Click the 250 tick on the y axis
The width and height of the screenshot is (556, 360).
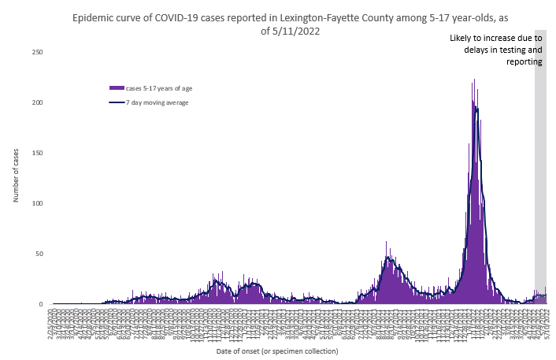pyautogui.click(x=37, y=52)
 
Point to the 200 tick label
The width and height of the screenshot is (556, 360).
pyautogui.click(x=37, y=102)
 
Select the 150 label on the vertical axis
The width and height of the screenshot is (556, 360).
pyautogui.click(x=37, y=153)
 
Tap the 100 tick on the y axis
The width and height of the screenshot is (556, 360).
pyautogui.click(x=37, y=203)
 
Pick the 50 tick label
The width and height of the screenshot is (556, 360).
pyautogui.click(x=39, y=254)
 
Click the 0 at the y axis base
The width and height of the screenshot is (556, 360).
pyautogui.click(x=40, y=304)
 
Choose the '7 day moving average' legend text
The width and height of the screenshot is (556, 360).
pyautogui.click(x=158, y=102)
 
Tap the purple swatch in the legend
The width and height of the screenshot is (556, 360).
pyautogui.click(x=117, y=87)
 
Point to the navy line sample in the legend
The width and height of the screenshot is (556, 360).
pyautogui.click(x=117, y=102)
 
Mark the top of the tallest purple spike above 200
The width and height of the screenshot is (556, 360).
pyautogui.click(x=474, y=80)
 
